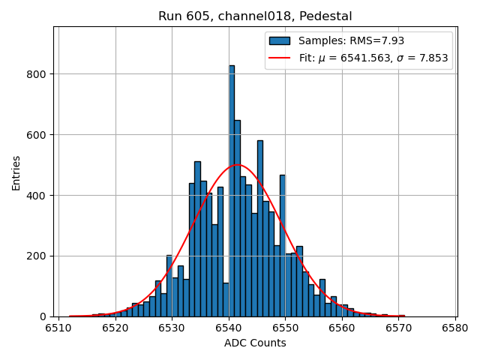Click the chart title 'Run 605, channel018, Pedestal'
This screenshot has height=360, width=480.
pyautogui.click(x=255, y=16)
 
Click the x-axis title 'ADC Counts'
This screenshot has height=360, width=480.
pyautogui.click(x=255, y=343)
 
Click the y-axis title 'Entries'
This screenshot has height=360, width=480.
pyautogui.click(x=16, y=172)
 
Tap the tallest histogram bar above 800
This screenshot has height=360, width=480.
pyautogui.click(x=232, y=187)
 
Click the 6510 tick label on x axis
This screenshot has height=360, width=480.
pyautogui.click(x=58, y=328)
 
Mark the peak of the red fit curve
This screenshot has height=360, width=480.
pyautogui.click(x=237, y=165)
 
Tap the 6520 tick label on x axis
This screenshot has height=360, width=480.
pyautogui.click(x=115, y=328)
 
